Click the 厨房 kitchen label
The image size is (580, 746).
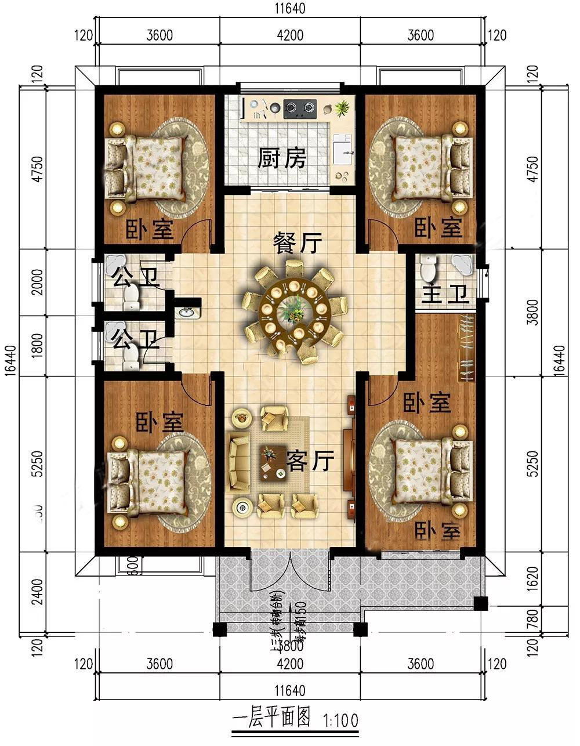click(281, 158)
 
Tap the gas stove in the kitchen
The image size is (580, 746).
click(299, 107)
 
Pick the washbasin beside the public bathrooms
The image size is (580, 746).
click(187, 312)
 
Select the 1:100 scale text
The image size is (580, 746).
click(338, 720)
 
